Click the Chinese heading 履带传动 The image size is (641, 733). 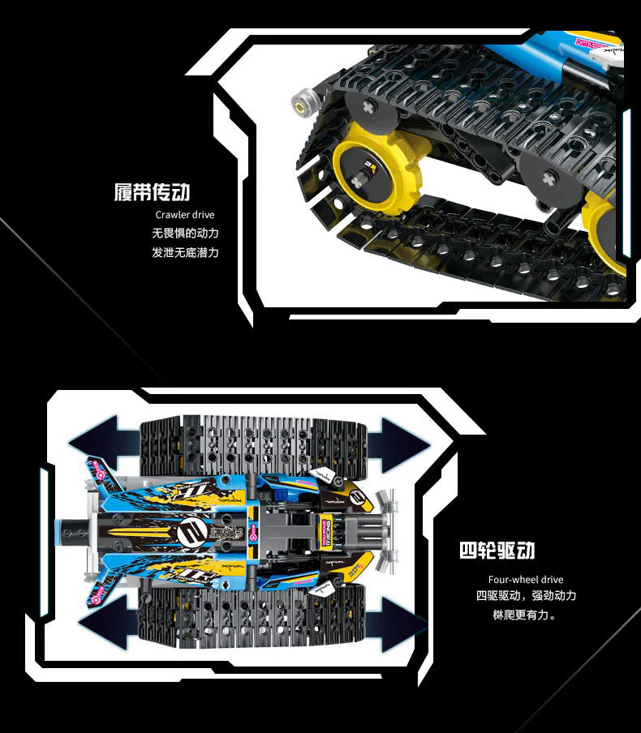click(x=152, y=193)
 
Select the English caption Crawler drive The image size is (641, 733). click(x=185, y=215)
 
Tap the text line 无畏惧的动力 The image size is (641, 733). click(x=185, y=234)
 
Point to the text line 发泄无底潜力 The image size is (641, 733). click(x=185, y=252)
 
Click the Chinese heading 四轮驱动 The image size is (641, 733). click(x=497, y=551)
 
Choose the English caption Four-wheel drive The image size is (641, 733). click(x=525, y=580)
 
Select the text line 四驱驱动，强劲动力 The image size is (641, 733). click(x=525, y=597)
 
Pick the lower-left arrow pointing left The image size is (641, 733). click(x=108, y=623)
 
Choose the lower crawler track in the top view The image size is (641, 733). click(x=252, y=618)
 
